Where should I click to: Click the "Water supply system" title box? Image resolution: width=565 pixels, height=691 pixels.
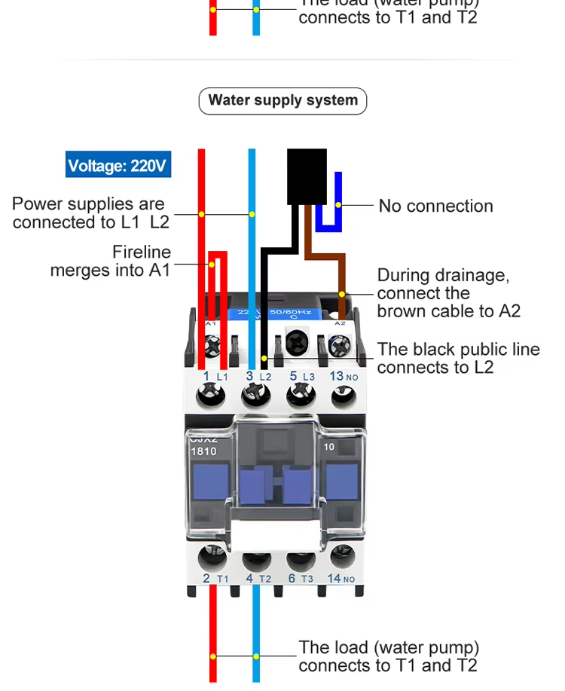coord(282,100)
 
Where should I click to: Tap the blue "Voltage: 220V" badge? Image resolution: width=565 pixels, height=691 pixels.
coord(118,165)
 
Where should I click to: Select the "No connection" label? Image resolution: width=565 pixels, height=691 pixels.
coord(435,206)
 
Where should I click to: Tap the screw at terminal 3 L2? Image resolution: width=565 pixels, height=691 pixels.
coord(255,395)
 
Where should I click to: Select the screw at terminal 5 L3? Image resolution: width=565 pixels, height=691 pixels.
coord(299,395)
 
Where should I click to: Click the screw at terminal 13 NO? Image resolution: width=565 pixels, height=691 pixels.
coord(344,395)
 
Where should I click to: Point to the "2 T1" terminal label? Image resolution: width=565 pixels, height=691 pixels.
coord(215,578)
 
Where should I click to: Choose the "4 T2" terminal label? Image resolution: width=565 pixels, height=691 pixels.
coord(258,578)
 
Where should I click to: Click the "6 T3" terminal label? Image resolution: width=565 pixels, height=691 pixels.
coord(301,578)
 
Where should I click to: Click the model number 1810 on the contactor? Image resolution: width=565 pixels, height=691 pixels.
coord(203,451)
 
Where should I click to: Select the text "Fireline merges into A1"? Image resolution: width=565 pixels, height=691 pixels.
coord(111,261)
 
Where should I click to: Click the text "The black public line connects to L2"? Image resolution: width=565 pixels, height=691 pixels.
coord(458,358)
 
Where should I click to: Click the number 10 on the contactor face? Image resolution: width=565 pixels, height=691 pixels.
coord(329,446)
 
